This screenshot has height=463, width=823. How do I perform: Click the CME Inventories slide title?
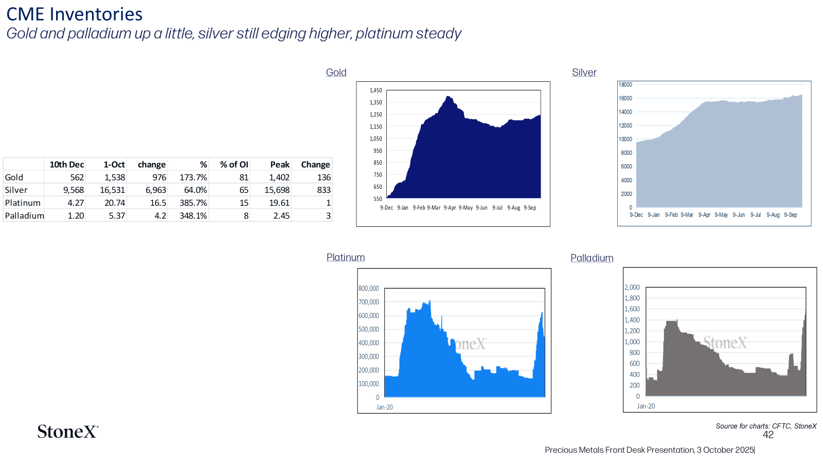coord(74,14)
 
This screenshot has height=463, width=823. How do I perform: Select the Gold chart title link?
coord(336,73)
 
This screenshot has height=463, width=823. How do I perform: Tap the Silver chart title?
coord(584,73)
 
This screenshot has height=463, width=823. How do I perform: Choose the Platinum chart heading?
coord(345,257)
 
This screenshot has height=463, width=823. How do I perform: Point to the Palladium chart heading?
coord(592,258)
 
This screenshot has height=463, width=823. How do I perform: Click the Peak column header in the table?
coord(280,165)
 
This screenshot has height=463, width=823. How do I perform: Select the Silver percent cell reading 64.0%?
coord(195,190)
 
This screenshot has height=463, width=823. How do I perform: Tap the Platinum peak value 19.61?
coord(279,203)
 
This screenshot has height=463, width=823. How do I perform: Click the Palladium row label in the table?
coord(24,216)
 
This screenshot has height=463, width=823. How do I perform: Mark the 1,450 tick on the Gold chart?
coord(376,91)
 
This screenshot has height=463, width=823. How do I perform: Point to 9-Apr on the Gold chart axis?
coord(450,208)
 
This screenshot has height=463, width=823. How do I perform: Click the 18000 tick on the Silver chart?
coord(625,84)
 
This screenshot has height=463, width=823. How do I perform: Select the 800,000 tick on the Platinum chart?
coord(368,289)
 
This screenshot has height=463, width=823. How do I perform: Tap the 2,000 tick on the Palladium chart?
coord(632,288)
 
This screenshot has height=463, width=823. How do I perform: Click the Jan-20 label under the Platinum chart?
coord(385,407)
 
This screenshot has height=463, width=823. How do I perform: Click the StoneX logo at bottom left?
coord(68,432)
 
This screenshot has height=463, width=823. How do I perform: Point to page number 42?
coord(768,435)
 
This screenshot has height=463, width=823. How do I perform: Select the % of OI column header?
coord(234,165)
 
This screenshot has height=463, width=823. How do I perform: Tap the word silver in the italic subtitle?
coord(216,33)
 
